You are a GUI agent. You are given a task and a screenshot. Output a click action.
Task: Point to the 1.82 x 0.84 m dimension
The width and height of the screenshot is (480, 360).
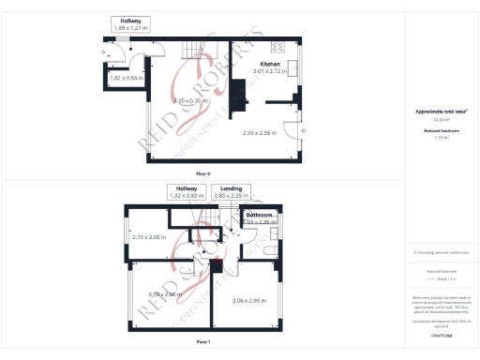point(127,79)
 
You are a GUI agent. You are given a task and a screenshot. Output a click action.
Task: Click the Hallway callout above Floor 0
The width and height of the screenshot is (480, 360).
point(129,24)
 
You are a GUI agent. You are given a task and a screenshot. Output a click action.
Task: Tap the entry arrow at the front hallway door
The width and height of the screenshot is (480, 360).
point(102,53)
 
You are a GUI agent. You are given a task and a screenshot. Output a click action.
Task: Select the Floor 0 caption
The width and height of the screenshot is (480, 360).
point(203,174)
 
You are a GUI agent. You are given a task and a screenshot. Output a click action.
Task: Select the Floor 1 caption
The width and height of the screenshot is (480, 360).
point(203,342)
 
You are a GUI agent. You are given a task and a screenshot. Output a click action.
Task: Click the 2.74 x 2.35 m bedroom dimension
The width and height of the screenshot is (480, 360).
point(150,237)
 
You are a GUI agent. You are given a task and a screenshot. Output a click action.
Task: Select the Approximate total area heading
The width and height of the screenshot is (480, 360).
point(440,112)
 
